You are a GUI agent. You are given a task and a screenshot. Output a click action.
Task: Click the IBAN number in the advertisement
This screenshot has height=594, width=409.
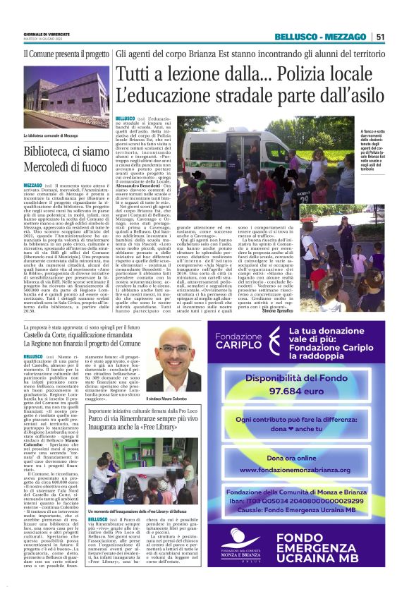pyautogui.click(x=324, y=499)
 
